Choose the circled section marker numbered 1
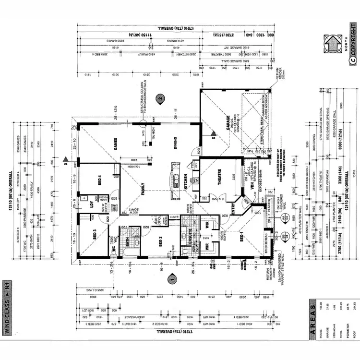(169, 277)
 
